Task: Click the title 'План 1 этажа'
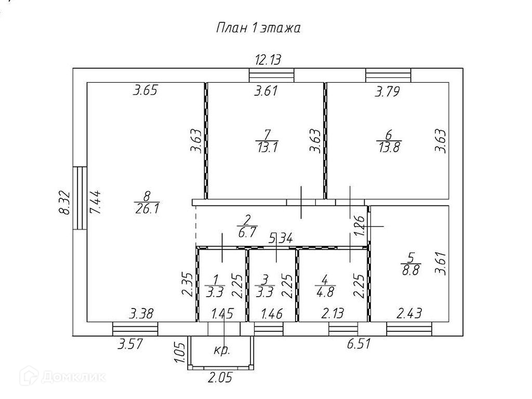(258, 28)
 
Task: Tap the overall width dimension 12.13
(268, 60)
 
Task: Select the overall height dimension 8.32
(64, 203)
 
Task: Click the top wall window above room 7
(272, 75)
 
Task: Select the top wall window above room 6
(388, 75)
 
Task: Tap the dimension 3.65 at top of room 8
(145, 91)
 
